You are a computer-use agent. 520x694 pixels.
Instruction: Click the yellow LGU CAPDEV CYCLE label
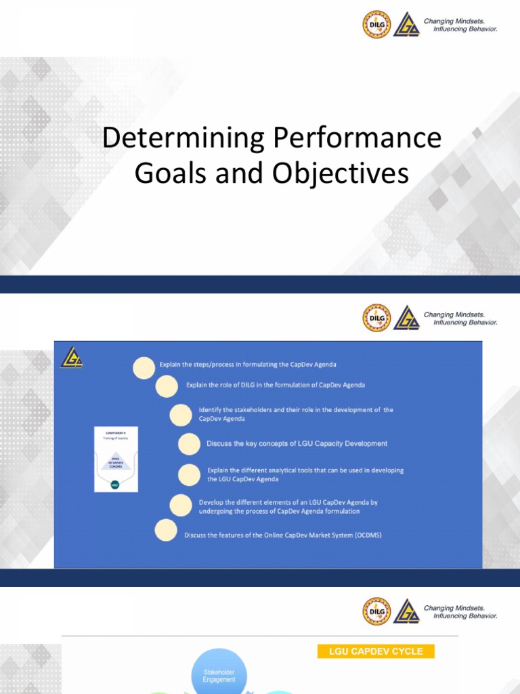click(376, 651)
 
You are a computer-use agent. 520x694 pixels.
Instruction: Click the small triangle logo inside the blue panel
click(70, 358)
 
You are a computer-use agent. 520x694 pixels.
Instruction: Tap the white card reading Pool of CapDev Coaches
click(116, 459)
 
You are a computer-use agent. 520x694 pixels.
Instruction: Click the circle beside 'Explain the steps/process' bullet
click(144, 367)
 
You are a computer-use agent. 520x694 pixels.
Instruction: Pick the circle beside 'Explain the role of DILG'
click(167, 386)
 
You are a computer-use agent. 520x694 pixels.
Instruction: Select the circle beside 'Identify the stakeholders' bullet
click(181, 414)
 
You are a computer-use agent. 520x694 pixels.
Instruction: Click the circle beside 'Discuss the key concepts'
click(189, 444)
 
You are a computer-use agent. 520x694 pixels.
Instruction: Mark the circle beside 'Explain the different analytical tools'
click(189, 474)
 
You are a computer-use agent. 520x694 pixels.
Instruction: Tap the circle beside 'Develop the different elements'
click(181, 506)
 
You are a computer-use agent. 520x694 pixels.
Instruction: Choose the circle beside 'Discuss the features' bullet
click(166, 531)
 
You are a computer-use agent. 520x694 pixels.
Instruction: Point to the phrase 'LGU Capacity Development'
click(345, 444)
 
